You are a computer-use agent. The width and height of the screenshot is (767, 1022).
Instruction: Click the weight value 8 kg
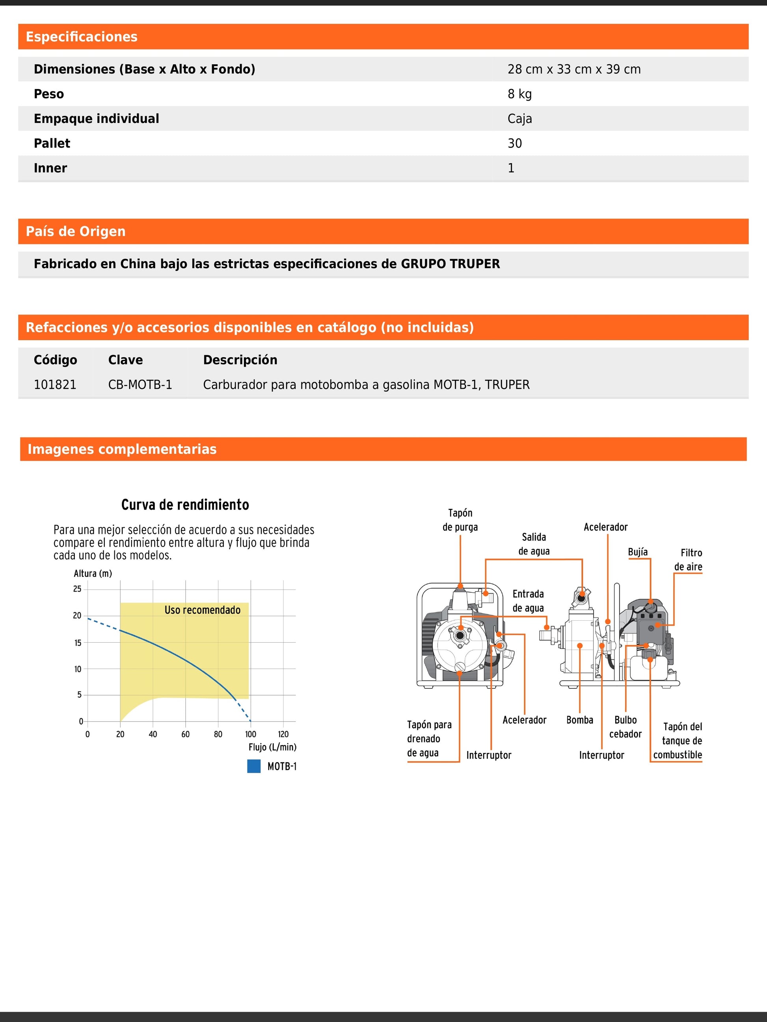[519, 94]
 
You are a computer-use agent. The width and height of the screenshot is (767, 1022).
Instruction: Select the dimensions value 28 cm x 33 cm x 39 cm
[574, 69]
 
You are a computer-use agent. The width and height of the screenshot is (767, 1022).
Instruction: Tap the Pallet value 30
[515, 143]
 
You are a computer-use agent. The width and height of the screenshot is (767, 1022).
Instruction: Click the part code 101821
[55, 384]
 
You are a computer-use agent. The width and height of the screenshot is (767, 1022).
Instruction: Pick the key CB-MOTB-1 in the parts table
[140, 384]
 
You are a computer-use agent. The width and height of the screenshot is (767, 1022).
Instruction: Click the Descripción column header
[240, 360]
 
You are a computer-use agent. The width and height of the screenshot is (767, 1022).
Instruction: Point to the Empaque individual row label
[96, 119]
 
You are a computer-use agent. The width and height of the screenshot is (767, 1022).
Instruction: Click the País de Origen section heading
[76, 232]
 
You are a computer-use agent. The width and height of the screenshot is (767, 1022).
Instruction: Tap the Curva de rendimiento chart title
[185, 505]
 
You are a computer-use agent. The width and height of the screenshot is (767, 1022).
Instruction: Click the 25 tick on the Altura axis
[77, 589]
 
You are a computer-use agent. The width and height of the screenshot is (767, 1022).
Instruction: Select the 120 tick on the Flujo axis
[283, 734]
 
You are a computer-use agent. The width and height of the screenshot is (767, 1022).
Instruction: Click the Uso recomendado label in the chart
[203, 610]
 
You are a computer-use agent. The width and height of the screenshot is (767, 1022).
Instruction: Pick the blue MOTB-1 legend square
[254, 766]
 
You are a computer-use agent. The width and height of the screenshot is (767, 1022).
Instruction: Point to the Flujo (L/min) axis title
[272, 747]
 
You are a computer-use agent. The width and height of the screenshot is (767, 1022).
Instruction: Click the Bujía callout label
[638, 552]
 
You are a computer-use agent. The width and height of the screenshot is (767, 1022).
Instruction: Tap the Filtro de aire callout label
[689, 560]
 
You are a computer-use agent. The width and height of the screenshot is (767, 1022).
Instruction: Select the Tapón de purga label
[460, 520]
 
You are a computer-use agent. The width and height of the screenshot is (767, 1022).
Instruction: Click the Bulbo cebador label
[625, 727]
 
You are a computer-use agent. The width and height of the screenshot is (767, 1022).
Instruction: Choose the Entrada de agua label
[528, 601]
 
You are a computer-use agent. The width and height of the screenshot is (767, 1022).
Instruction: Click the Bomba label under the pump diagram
[580, 720]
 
